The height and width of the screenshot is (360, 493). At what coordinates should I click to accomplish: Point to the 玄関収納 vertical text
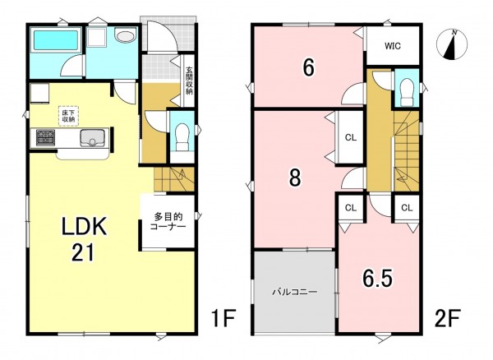(188, 80)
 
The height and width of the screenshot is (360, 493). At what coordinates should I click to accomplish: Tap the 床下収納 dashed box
(67, 115)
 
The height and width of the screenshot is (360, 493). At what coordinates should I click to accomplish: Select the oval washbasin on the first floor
(125, 37)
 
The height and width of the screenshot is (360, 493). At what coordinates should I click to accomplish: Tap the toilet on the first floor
(182, 135)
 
